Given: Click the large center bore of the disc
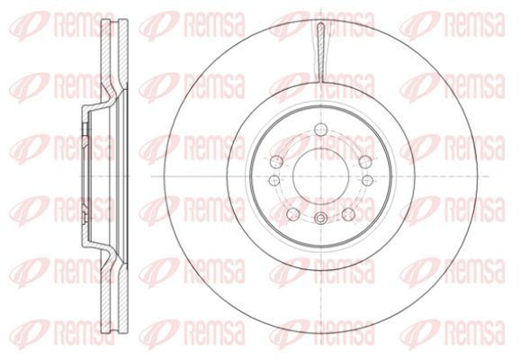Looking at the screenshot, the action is point(321,176).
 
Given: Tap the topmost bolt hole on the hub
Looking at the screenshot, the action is point(321,128).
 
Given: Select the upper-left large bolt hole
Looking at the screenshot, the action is point(276,162).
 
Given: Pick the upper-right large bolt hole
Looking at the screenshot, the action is point(365,162).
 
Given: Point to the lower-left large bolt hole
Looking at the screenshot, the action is point(293,214).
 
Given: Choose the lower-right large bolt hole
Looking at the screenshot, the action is point(348,214).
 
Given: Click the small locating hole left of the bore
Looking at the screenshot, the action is point(274,181).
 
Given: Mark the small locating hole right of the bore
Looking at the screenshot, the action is point(367,181).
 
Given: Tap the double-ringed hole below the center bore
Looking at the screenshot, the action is point(320,219).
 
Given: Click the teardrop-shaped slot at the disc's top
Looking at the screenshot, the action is point(321,52).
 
